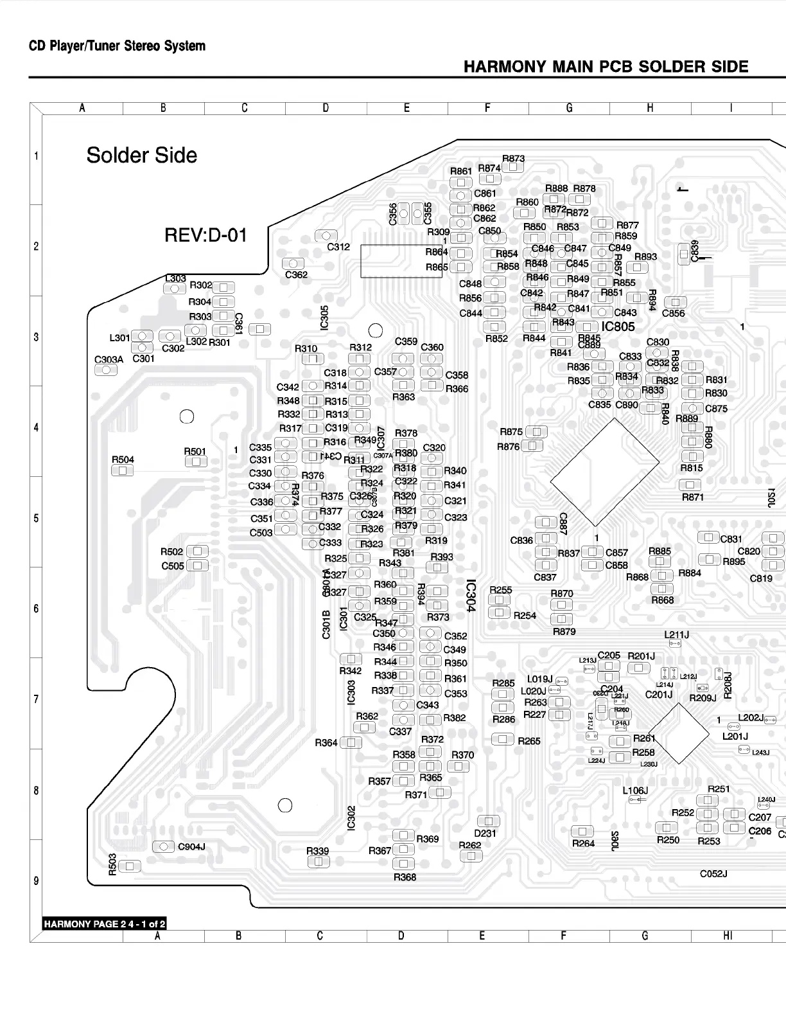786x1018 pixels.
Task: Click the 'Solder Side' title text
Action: [141, 156]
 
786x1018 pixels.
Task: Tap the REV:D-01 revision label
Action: [205, 235]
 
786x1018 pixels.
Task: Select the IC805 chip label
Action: [618, 326]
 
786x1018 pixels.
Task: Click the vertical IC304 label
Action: [471, 596]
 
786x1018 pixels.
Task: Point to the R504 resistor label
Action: [123, 460]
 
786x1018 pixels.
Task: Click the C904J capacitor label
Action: [191, 847]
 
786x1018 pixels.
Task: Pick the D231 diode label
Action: [485, 834]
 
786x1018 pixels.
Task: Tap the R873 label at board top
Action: [513, 159]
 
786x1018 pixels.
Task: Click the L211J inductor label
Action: [676, 635]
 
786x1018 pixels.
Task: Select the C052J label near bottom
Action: [713, 874]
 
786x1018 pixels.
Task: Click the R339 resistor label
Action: [317, 851]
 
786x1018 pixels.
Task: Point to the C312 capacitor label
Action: [338, 247]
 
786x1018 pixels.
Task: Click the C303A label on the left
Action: [109, 360]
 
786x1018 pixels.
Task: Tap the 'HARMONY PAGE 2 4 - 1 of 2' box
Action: [105, 924]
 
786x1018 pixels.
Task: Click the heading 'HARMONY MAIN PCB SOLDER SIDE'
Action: [606, 67]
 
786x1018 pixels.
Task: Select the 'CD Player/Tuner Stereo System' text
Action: [117, 46]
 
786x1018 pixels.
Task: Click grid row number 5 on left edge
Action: [36, 518]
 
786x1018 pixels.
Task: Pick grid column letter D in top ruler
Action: [326, 108]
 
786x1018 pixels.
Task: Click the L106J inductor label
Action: [635, 790]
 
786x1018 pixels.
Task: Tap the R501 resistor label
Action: [195, 452]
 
